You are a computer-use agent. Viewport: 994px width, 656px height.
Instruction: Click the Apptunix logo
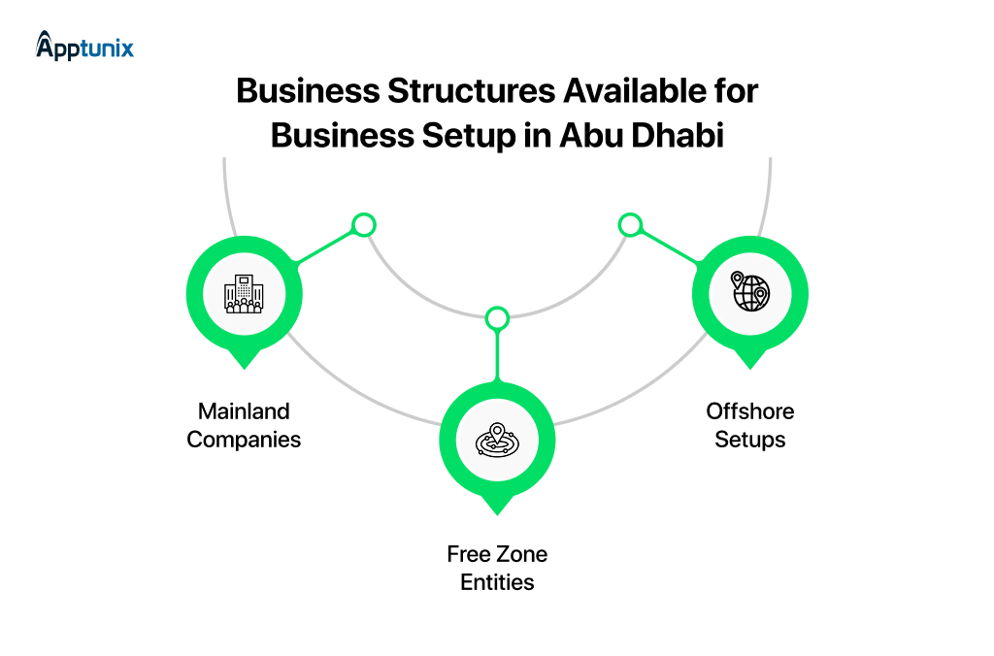(x=85, y=47)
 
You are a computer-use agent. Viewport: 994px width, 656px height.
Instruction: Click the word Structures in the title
(x=472, y=90)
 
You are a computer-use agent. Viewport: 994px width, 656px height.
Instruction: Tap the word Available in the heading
(x=635, y=90)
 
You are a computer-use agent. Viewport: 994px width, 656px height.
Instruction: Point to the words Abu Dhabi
(x=642, y=135)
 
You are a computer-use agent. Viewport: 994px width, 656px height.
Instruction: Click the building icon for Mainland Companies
(x=244, y=294)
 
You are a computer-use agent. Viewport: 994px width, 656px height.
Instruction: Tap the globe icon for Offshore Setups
(x=750, y=291)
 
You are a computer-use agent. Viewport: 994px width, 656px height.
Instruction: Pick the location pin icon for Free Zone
(x=497, y=440)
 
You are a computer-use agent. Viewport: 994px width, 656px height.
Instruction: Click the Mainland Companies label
(x=244, y=425)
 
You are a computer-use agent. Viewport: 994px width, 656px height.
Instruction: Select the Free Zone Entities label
(x=497, y=568)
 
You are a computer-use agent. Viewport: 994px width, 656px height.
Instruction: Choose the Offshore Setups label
(x=750, y=425)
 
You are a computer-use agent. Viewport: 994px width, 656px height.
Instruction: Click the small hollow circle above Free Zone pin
(x=497, y=318)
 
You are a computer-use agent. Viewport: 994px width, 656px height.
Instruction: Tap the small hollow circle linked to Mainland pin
(x=364, y=225)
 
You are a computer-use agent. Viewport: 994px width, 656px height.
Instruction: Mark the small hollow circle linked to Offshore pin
(x=630, y=225)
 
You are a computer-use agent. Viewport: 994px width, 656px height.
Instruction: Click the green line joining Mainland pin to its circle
(x=324, y=247)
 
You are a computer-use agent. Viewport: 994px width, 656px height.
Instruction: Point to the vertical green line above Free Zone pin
(x=497, y=356)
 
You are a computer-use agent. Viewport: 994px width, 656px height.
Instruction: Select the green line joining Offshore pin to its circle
(x=670, y=247)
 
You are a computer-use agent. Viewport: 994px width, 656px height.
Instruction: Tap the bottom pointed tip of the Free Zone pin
(x=497, y=515)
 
